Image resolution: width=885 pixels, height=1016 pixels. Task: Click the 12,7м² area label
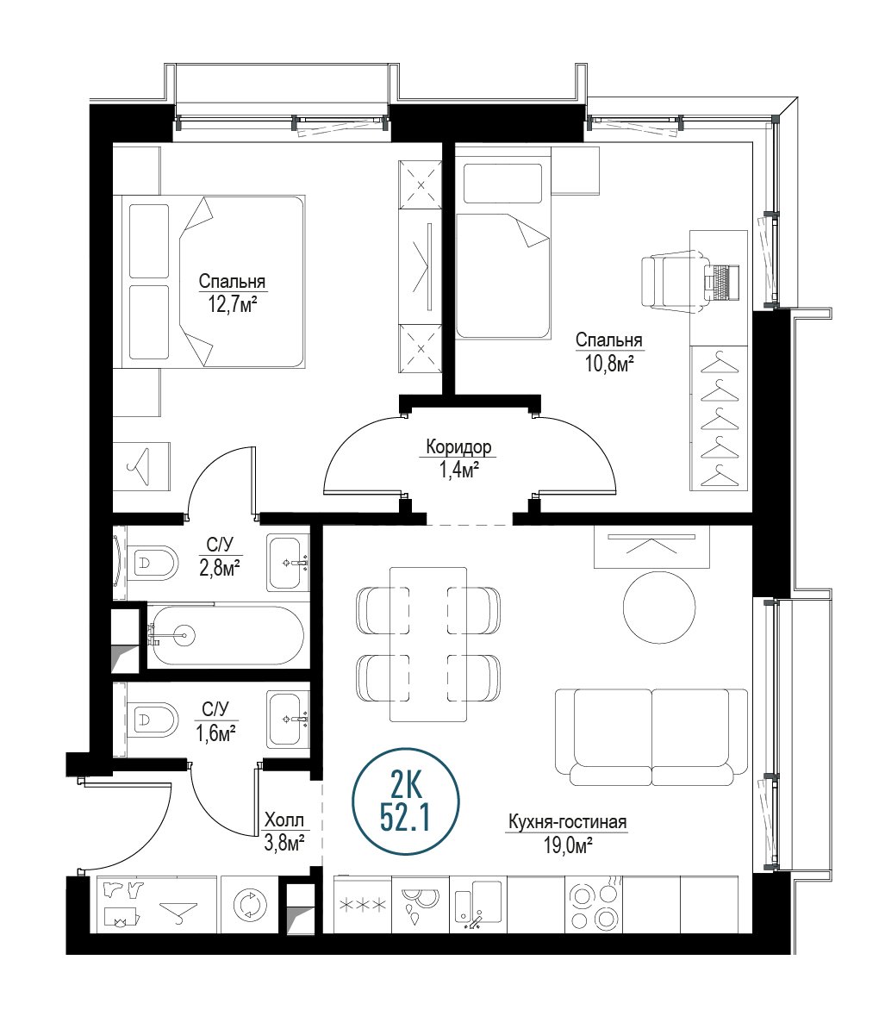pyautogui.click(x=232, y=304)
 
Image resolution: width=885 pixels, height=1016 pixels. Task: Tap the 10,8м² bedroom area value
pyautogui.click(x=609, y=364)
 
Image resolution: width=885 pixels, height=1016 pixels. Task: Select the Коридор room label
pyautogui.click(x=458, y=446)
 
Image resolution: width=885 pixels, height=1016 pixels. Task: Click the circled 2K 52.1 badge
pyautogui.click(x=406, y=801)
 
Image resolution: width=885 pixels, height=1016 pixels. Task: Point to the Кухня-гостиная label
pyautogui.click(x=568, y=822)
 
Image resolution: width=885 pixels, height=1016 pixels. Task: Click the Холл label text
pyautogui.click(x=284, y=820)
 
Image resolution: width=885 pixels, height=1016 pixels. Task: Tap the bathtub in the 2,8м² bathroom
pyautogui.click(x=225, y=635)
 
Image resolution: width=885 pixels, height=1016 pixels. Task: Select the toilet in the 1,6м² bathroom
pyautogui.click(x=153, y=720)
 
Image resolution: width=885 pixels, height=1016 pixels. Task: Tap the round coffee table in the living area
pyautogui.click(x=659, y=608)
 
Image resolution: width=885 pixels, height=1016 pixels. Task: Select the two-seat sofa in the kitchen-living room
pyautogui.click(x=651, y=738)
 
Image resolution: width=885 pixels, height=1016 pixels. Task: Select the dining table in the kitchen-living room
pyautogui.click(x=428, y=645)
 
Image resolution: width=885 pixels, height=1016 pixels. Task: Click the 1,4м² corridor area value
pyautogui.click(x=458, y=470)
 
